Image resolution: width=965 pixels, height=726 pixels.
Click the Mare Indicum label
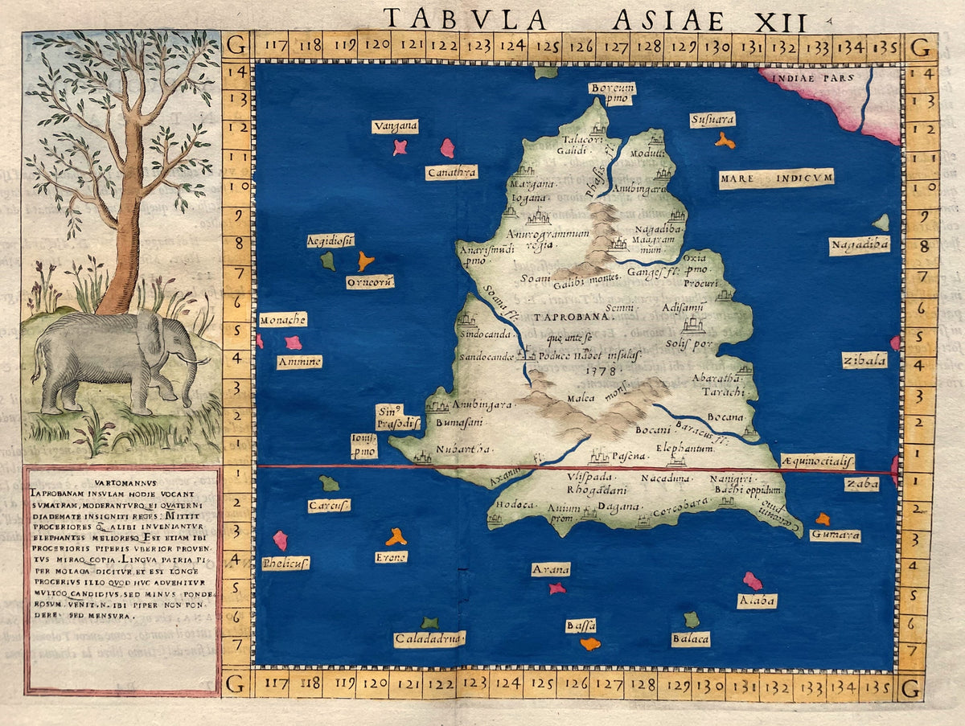tap(776, 178)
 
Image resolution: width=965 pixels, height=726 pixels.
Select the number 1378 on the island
tap(601, 371)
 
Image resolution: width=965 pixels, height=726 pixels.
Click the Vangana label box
tap(395, 126)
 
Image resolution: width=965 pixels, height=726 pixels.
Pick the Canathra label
tap(451, 172)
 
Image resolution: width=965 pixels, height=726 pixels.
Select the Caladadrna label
tap(429, 639)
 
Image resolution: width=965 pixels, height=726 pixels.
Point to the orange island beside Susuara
tap(725, 141)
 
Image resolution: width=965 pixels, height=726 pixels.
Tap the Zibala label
tap(864, 360)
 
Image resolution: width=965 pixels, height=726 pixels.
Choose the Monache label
tap(282, 320)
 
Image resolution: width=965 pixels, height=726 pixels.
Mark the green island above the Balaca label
tap(691, 619)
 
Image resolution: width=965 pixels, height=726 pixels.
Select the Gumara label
tap(835, 535)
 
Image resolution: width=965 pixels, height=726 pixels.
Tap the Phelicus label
tap(285, 563)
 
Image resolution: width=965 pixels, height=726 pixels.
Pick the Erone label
tap(391, 556)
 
